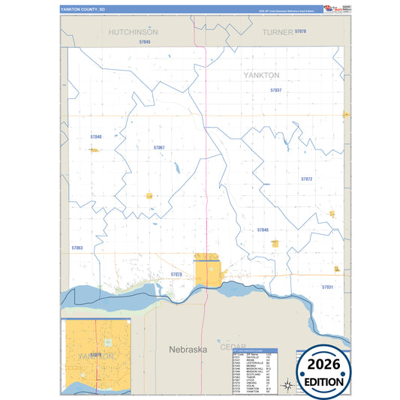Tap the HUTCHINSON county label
pos(133,33)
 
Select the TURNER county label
pos(277,33)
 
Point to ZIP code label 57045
pos(145,42)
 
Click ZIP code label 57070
pos(300,31)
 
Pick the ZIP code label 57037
pos(275,89)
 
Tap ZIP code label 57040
pos(95,137)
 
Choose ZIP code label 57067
pos(159,148)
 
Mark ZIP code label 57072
pos(306,179)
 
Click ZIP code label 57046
pos(262,230)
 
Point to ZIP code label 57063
pos(77,248)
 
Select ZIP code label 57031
pos(327,287)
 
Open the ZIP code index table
pos(255,371)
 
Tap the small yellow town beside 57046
pos(275,243)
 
